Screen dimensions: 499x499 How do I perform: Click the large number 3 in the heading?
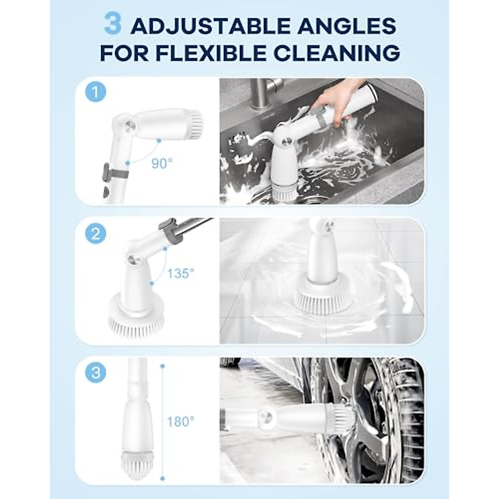click(x=112, y=24)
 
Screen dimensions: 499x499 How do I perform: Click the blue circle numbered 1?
click(x=96, y=92)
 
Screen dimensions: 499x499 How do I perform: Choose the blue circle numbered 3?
click(x=96, y=372)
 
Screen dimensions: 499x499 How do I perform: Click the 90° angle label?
click(x=161, y=164)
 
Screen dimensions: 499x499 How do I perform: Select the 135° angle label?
click(x=181, y=274)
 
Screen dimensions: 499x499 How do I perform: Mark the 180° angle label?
click(x=180, y=422)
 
